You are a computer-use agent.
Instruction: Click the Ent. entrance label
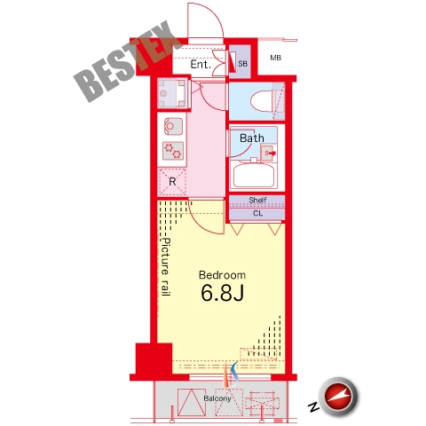(201, 64)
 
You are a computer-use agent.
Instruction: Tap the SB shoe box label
(242, 63)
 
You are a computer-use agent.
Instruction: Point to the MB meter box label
(275, 58)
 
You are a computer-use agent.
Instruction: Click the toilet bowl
(262, 101)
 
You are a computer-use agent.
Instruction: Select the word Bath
(252, 138)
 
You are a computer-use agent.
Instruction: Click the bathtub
(254, 175)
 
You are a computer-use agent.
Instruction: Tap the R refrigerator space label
(172, 181)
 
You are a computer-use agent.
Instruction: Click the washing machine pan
(172, 93)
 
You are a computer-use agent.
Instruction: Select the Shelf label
(257, 200)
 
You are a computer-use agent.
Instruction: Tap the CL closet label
(257, 213)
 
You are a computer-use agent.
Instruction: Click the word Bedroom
(222, 275)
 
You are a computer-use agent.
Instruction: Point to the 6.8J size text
(223, 293)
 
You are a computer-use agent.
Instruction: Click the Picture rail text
(166, 267)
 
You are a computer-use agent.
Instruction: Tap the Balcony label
(217, 398)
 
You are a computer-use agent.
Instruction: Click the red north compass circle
(338, 397)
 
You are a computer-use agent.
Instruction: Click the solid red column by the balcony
(154, 359)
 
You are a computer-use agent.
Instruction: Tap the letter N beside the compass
(313, 407)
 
